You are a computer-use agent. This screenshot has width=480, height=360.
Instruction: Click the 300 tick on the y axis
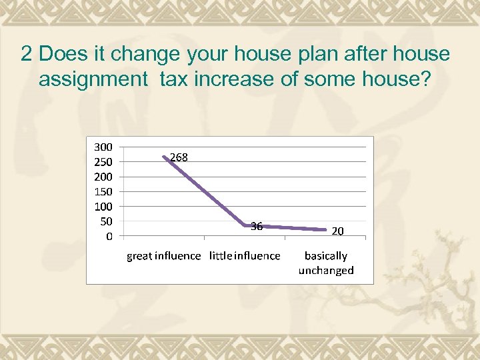(103, 146)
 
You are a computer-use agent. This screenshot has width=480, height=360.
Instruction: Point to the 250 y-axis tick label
(103, 161)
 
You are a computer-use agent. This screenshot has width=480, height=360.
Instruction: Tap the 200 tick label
(103, 177)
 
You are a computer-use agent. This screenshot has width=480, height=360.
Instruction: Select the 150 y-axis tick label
(103, 191)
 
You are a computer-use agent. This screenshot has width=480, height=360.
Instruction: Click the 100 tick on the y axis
(103, 206)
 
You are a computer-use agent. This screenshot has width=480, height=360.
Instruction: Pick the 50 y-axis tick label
(106, 221)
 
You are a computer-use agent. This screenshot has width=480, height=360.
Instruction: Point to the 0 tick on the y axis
(109, 235)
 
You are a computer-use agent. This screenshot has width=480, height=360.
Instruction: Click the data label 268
(179, 157)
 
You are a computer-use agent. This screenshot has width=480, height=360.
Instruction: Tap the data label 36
(257, 226)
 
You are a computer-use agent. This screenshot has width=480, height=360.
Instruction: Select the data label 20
(338, 231)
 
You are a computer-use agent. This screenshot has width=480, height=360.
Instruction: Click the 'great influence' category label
(163, 255)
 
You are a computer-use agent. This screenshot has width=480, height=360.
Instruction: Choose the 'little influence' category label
(245, 255)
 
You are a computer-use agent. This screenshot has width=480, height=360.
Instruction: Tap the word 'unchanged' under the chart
(326, 270)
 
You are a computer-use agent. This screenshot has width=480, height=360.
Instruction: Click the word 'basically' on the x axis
(326, 255)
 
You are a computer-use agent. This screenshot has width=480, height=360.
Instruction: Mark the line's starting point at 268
(164, 157)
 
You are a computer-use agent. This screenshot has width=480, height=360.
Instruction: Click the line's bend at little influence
(245, 225)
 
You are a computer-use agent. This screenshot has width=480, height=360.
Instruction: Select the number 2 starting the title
(26, 54)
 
